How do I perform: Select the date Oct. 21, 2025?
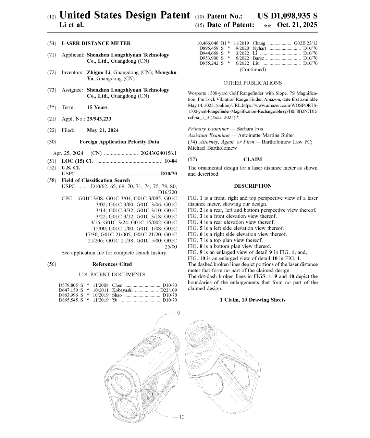tap(297, 25)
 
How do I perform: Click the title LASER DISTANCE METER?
tap(96, 43)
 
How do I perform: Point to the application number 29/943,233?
tap(99, 119)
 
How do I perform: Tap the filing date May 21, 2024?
tap(103, 130)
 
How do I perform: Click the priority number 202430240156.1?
tap(159, 153)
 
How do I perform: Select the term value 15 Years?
tap(97, 108)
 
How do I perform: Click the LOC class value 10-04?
tap(171, 161)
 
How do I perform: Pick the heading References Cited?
tap(112, 264)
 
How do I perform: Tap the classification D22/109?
tap(169, 290)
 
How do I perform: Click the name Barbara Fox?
tap(250, 129)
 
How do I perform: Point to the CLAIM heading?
tap(252, 160)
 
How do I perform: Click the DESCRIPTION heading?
tap(252, 186)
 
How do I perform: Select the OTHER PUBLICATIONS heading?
tap(252, 83)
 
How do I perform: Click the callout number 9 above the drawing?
tap(178, 313)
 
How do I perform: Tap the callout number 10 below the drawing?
tap(181, 417)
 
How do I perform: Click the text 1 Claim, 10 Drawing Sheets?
tap(252, 300)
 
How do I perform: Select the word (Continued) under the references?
tap(252, 70)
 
